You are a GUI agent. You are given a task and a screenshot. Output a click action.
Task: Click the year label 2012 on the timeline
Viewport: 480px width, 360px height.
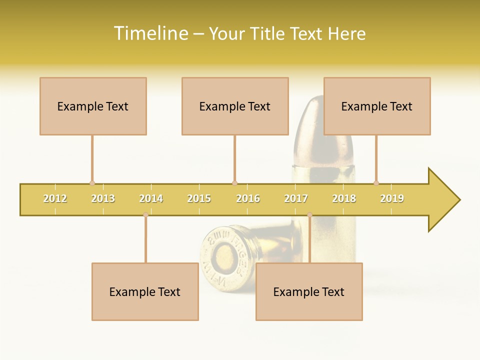[x=55, y=199]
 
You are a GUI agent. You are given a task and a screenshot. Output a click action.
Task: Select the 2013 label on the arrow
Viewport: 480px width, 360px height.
[x=103, y=199]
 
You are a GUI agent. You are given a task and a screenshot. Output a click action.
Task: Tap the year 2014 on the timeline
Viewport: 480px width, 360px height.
[x=151, y=199]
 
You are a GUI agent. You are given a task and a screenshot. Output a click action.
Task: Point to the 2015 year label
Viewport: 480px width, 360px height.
[x=199, y=199]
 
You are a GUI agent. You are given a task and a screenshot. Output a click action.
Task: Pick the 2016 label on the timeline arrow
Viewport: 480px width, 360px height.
[x=248, y=199]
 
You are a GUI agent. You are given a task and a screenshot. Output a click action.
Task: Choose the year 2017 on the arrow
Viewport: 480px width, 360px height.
[x=296, y=199]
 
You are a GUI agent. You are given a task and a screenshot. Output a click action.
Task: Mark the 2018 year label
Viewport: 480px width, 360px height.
[x=344, y=199]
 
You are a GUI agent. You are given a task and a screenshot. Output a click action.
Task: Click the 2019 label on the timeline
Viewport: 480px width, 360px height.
[x=392, y=199]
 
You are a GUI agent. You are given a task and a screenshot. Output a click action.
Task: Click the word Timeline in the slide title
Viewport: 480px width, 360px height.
[x=150, y=33]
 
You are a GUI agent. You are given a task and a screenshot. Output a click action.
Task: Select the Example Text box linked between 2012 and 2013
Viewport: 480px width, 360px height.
[x=93, y=106]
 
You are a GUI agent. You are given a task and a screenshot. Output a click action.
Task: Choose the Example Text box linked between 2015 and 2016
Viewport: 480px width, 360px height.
[x=235, y=106]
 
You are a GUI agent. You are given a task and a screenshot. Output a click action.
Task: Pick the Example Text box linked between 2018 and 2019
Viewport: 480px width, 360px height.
[x=377, y=106]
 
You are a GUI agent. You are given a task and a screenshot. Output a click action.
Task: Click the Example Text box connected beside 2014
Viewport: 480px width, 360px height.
[x=145, y=291]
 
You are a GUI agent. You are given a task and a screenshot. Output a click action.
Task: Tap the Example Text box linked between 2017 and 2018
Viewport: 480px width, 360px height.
[x=309, y=291]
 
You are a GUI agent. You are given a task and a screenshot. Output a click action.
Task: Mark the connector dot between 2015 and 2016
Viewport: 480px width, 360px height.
[x=234, y=183]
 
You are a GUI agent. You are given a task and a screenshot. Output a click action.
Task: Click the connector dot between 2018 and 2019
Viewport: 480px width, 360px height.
[x=376, y=183]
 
